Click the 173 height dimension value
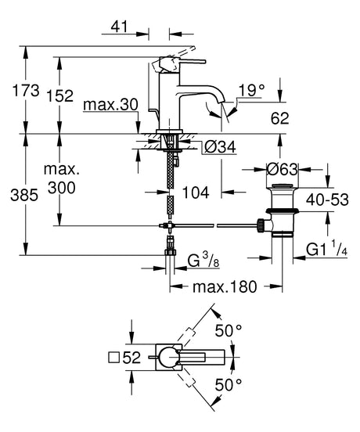click(26, 90)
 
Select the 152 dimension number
click(59, 96)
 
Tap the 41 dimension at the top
click(119, 27)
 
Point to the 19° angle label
click(251, 90)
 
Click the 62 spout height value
click(279, 118)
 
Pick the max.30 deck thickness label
click(110, 105)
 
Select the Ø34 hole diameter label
click(221, 147)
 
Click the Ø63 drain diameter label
click(283, 169)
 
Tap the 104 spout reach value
click(196, 192)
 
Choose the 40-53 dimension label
click(327, 200)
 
